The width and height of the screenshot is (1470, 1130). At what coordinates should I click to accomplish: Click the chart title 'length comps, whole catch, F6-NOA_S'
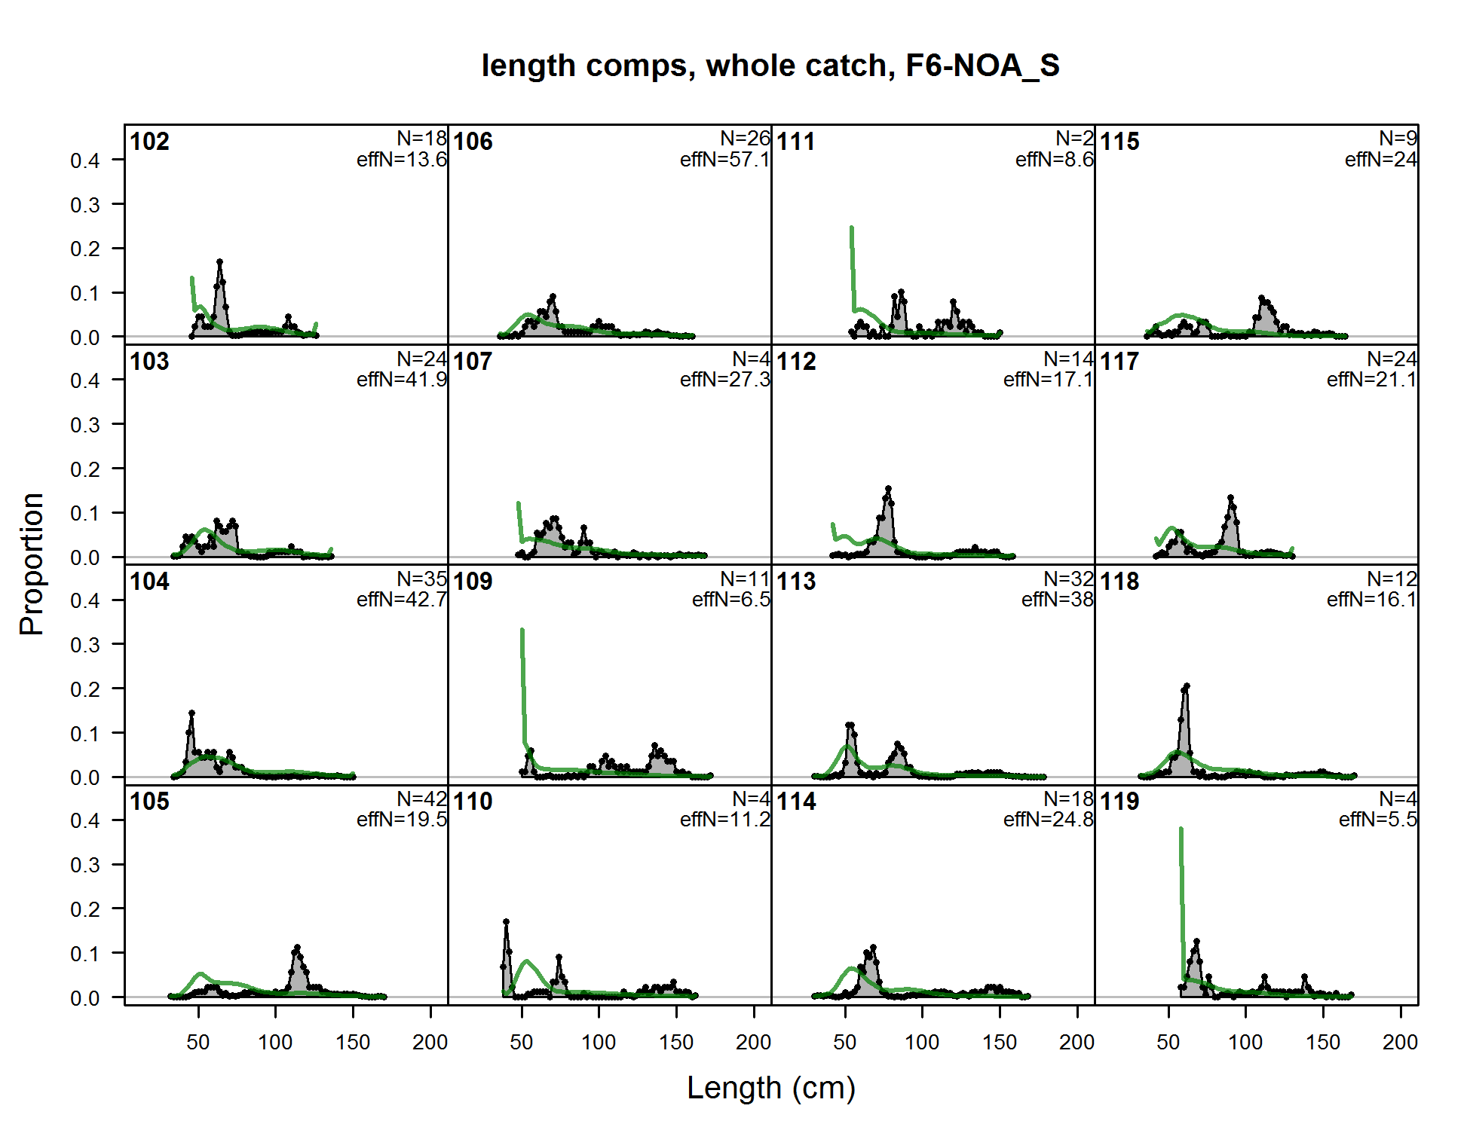[x=770, y=66]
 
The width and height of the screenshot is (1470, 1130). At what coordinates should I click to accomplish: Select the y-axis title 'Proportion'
[x=32, y=564]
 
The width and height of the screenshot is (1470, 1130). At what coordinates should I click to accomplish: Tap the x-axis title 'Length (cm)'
[x=770, y=1088]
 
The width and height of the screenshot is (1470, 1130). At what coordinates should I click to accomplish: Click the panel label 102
[x=149, y=142]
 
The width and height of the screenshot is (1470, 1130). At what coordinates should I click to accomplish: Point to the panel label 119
[x=1119, y=802]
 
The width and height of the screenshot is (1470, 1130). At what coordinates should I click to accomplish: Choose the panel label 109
[x=473, y=582]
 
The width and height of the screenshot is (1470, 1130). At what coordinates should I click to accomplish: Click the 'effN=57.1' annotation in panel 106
[x=724, y=160]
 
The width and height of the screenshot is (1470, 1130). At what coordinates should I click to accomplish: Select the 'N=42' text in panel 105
[x=421, y=799]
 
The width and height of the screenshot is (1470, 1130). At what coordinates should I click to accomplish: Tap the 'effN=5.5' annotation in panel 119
[x=1377, y=820]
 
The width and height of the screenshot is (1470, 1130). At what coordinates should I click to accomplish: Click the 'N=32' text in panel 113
[x=1068, y=579]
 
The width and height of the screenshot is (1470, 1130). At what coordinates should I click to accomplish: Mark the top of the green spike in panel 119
[x=1181, y=829]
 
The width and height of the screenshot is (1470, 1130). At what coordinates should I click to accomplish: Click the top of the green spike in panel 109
[x=522, y=630]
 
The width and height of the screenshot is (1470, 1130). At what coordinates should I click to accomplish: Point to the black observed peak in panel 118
[x=1187, y=686]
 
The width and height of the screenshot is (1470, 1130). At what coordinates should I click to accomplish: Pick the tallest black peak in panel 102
[x=219, y=262]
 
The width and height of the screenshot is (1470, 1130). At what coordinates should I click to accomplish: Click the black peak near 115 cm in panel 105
[x=297, y=948]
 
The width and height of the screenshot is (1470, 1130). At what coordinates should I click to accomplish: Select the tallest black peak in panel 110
[x=506, y=921]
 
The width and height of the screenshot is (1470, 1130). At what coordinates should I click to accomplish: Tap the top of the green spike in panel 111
[x=852, y=228]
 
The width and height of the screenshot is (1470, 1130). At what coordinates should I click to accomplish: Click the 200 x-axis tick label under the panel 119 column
[x=1400, y=1043]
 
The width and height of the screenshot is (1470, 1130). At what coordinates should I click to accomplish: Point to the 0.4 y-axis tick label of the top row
[x=84, y=160]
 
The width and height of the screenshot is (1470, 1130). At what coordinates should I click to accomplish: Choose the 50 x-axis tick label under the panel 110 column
[x=521, y=1043]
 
